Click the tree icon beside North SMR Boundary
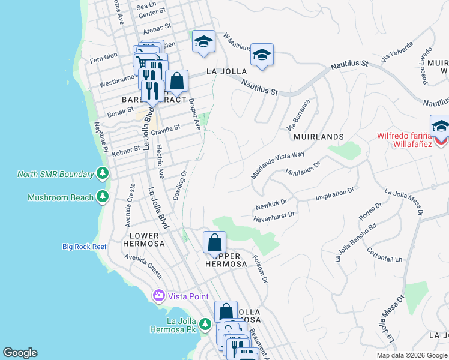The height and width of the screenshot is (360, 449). click(103, 175)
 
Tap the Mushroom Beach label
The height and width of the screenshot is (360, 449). click(60, 197)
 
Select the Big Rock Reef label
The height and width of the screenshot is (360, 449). click(87, 247)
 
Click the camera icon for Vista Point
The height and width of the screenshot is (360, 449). click(159, 296)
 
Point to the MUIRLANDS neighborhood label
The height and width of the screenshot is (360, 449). click(318, 137)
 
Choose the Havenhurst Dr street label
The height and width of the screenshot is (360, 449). click(275, 215)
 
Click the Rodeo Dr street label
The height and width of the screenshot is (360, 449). click(370, 212)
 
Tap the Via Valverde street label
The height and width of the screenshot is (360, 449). click(397, 51)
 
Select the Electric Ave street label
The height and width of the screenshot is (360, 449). click(160, 162)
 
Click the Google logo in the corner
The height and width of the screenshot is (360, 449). click(20, 353)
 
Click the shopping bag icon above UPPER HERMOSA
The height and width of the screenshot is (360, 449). click(214, 243)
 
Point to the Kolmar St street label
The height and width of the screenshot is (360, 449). click(126, 148)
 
